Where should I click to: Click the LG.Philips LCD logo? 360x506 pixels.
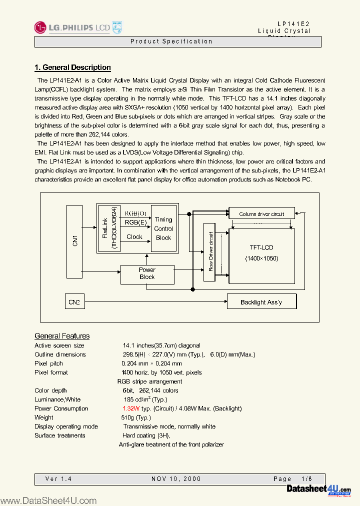pyautogui.click(x=77, y=27)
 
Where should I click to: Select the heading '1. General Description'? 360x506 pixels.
pyautogui.click(x=72, y=67)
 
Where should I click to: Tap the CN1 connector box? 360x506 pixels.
pyautogui.click(x=75, y=241)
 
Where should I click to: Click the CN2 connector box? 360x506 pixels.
pyautogui.click(x=74, y=301)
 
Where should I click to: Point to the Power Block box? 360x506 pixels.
pyautogui.click(x=147, y=273)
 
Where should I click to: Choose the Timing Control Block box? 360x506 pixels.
pyautogui.click(x=163, y=228)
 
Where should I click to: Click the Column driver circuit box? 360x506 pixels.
pyautogui.click(x=261, y=214)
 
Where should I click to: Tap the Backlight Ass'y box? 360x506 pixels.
pyautogui.click(x=261, y=301)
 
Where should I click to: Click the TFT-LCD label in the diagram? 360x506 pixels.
pyautogui.click(x=261, y=247)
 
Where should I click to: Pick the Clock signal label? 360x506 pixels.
pyautogui.click(x=134, y=237)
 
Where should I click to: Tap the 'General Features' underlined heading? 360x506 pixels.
pyautogui.click(x=62, y=336)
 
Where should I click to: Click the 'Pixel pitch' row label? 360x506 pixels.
pyautogui.click(x=48, y=363)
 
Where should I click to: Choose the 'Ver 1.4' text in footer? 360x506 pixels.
pyautogui.click(x=58, y=479)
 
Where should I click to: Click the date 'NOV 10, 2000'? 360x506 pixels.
pyautogui.click(x=176, y=479)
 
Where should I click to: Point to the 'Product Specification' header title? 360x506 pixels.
pyautogui.click(x=171, y=41)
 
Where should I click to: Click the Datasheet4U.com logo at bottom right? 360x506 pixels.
pyautogui.click(x=318, y=489)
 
